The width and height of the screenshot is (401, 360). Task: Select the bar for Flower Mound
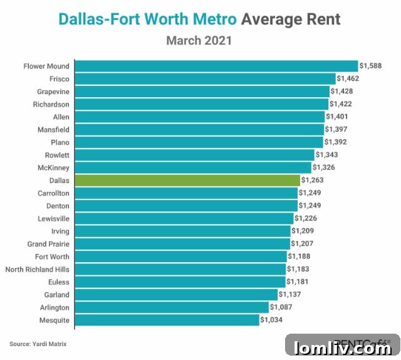[x=216, y=66]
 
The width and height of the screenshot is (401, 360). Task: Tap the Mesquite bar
[x=167, y=320]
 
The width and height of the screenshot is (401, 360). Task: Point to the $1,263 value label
[x=312, y=180]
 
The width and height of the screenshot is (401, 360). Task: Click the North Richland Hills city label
[x=38, y=269]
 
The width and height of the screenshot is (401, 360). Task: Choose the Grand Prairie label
[x=48, y=244]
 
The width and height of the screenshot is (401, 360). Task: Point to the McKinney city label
[x=54, y=167]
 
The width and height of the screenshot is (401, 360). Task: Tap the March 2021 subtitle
[x=199, y=41]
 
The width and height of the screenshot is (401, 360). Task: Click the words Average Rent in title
[x=291, y=19]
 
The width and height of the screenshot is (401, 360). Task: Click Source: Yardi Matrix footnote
[x=38, y=344]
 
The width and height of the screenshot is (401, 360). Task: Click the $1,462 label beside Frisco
[x=348, y=78]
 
